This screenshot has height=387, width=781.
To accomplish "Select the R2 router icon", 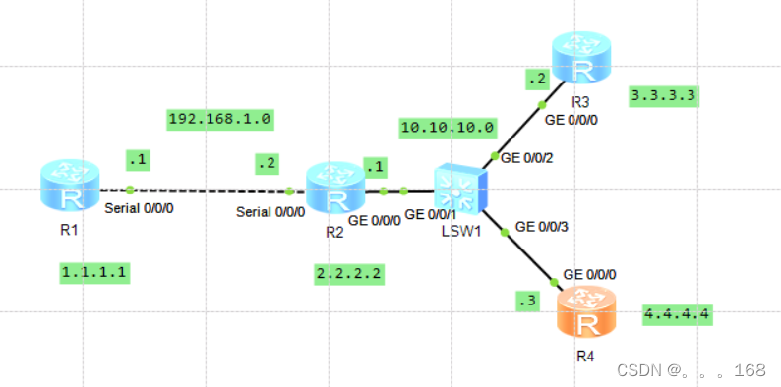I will [x=335, y=189].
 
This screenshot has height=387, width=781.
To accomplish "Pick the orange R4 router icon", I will [x=587, y=312].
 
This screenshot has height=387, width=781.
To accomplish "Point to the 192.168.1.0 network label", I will [x=220, y=120].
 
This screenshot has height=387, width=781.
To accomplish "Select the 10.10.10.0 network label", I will [x=448, y=128].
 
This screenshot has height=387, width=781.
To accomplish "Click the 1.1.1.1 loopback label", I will [x=94, y=270].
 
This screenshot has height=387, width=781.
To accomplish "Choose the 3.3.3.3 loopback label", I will [x=663, y=96].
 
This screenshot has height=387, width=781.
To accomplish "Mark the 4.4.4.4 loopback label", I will [x=677, y=314].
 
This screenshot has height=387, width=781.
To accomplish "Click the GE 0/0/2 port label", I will [x=528, y=157].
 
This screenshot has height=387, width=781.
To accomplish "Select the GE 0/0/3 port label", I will [x=542, y=226].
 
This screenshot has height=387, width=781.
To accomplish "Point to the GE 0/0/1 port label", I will [x=430, y=215].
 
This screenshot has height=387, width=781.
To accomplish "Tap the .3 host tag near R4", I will [x=528, y=301].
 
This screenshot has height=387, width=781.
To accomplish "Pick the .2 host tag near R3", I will [x=536, y=78].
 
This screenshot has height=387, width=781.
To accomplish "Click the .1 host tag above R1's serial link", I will [x=136, y=158].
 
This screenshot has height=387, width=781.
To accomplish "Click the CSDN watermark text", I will [x=690, y=370].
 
